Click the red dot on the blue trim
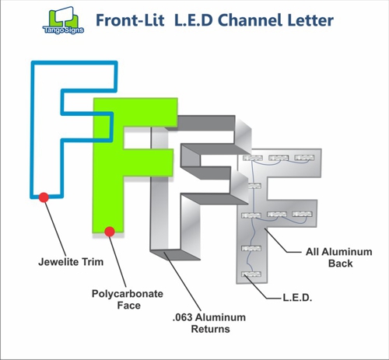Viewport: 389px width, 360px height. point(44,197)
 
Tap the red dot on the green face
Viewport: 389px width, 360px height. point(110,231)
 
